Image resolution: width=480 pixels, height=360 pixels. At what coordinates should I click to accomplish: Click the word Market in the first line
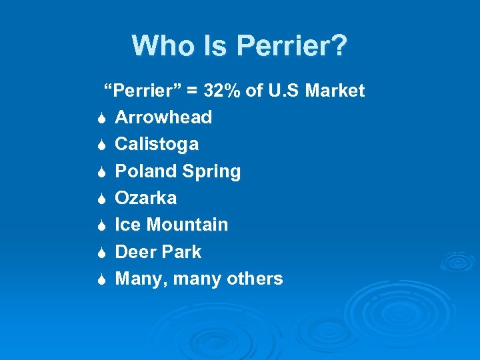(x=335, y=91)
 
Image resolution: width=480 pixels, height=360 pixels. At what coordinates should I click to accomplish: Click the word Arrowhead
(x=163, y=117)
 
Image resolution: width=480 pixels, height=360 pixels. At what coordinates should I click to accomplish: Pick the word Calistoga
(x=157, y=144)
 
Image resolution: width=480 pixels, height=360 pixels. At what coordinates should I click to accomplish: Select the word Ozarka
(x=146, y=198)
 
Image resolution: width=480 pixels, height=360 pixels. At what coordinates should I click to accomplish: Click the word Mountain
(x=187, y=225)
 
